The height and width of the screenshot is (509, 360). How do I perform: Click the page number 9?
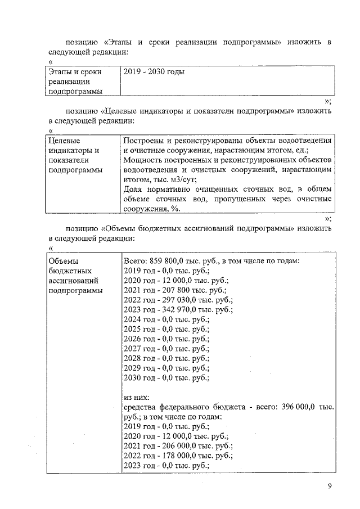pos(330,487)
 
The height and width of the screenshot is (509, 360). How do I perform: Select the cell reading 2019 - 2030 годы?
pos(154,72)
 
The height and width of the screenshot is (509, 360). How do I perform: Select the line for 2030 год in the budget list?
pos(166,379)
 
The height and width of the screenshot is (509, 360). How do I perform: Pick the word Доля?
pos(133,189)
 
